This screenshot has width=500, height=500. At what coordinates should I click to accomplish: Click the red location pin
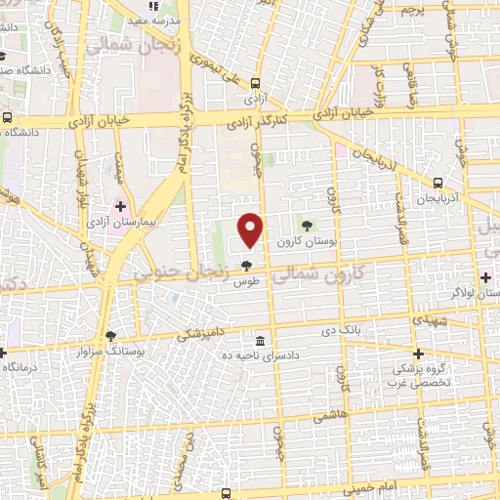point(252,229)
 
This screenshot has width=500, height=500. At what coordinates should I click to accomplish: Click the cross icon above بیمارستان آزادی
point(121,207)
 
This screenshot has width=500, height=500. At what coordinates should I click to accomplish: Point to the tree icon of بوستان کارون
point(308,226)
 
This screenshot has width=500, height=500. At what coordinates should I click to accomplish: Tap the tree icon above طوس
point(245,265)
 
